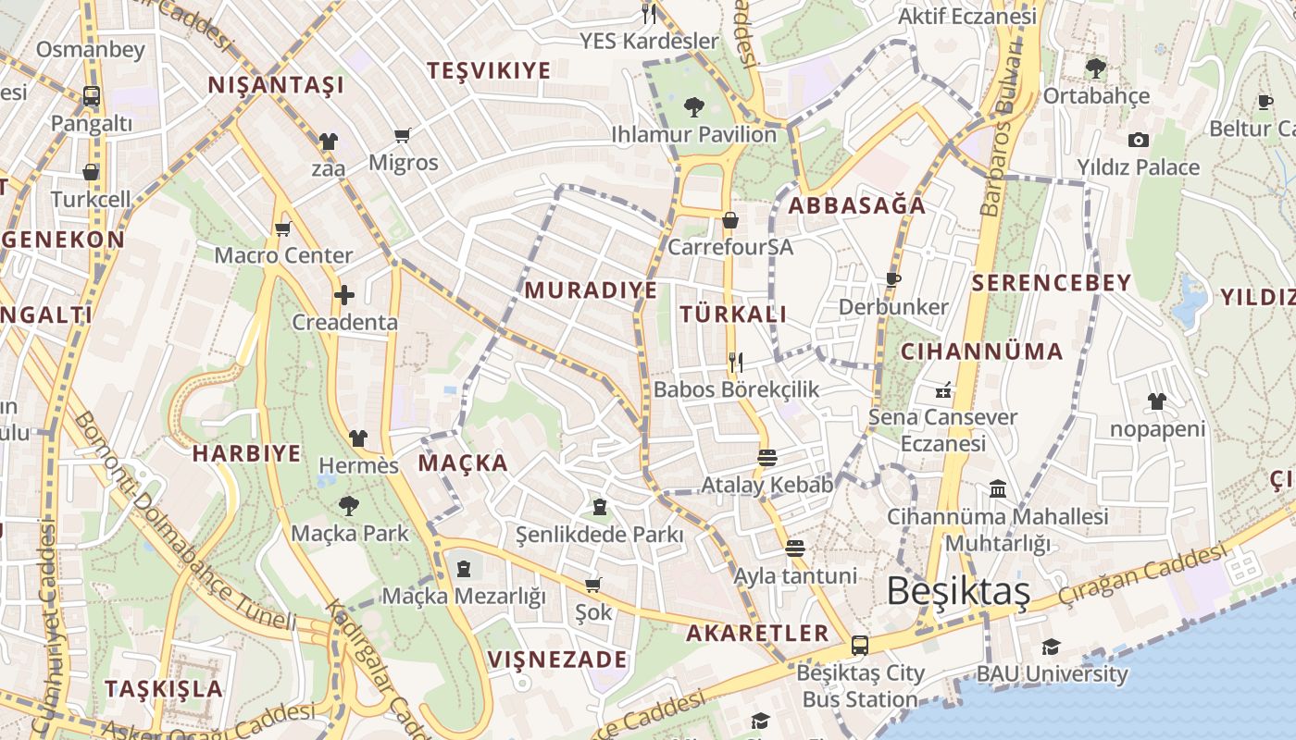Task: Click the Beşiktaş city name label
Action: (x=958, y=591)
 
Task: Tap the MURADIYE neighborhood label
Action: (x=591, y=290)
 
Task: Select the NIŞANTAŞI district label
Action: (x=276, y=86)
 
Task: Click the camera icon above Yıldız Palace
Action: (x=1138, y=141)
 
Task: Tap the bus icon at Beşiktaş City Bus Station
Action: (x=860, y=645)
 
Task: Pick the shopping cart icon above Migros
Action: (x=403, y=137)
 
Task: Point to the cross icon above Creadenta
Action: (x=344, y=296)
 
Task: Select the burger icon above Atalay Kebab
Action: (x=766, y=458)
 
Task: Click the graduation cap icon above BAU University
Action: (x=1051, y=647)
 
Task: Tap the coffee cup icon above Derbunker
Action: (x=893, y=279)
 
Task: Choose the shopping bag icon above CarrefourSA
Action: (x=730, y=220)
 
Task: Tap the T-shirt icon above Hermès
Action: (x=358, y=438)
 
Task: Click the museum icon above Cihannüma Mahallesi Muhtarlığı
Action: (x=998, y=488)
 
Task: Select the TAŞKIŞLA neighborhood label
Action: (x=164, y=689)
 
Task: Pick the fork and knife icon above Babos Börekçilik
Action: (x=736, y=363)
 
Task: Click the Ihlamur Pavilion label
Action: (x=693, y=135)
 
